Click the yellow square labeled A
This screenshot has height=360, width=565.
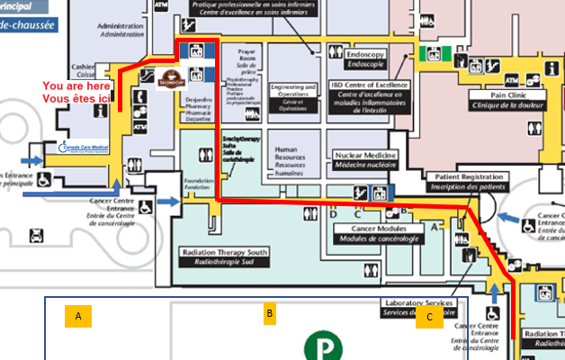[x=78, y=316]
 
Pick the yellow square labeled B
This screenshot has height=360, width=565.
[x=269, y=313]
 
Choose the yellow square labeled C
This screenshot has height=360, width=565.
[x=429, y=316]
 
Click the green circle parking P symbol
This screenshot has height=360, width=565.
[x=320, y=346]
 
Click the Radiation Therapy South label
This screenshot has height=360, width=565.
[x=225, y=257]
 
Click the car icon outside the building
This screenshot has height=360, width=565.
[x=36, y=236]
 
